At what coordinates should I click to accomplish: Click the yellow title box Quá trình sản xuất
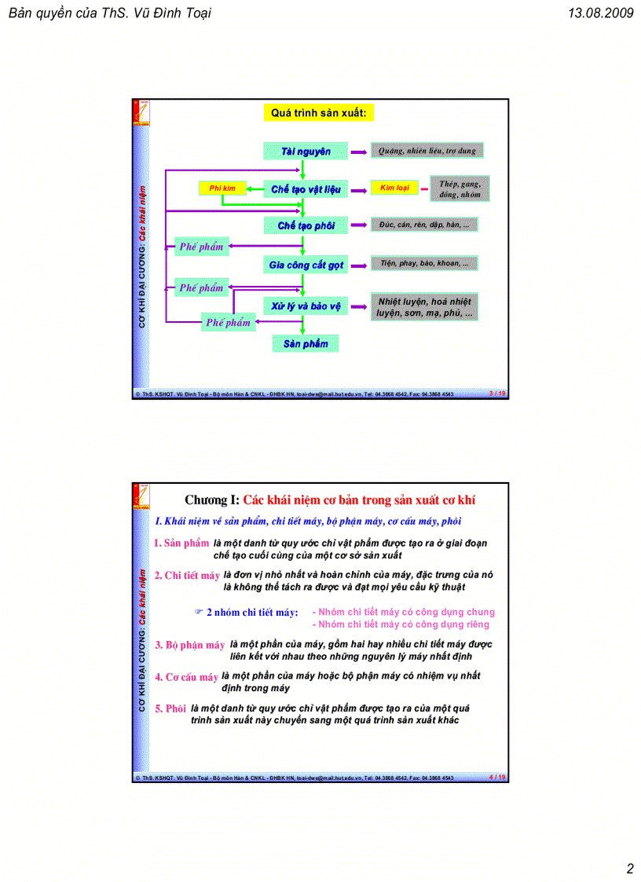click(x=319, y=113)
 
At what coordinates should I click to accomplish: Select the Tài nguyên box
click(x=306, y=151)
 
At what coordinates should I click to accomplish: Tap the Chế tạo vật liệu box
click(x=306, y=188)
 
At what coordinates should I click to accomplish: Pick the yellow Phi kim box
click(x=222, y=188)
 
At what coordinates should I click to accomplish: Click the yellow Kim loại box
click(x=394, y=188)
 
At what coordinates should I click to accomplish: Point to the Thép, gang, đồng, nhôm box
click(x=460, y=188)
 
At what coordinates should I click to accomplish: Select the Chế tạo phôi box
click(x=306, y=225)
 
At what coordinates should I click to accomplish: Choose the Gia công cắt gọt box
click(x=306, y=265)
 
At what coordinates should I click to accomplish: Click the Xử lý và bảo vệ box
click(x=306, y=306)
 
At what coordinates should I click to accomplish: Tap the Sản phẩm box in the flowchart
click(x=306, y=343)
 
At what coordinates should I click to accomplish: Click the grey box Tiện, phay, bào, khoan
click(x=423, y=264)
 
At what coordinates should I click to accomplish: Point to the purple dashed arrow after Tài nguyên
click(x=357, y=151)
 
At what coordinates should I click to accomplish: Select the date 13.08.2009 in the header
click(x=599, y=13)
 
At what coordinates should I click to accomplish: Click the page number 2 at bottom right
click(x=629, y=868)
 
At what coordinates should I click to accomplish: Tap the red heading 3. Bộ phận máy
click(x=189, y=645)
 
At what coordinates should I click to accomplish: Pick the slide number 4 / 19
click(x=497, y=777)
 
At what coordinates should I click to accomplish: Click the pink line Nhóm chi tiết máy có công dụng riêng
click(x=401, y=624)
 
